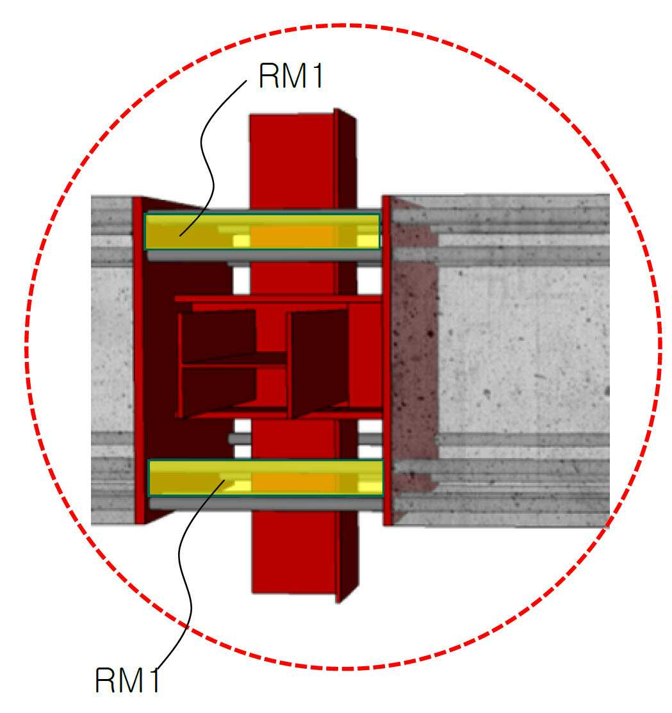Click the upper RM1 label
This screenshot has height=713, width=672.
click(291, 76)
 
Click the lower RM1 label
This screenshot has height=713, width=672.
click(127, 680)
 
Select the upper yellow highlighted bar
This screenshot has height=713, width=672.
click(263, 231)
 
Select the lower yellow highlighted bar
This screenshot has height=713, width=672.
click(266, 477)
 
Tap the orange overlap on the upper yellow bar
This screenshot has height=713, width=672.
click(293, 236)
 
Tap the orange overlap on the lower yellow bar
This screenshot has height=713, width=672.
click(295, 482)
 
